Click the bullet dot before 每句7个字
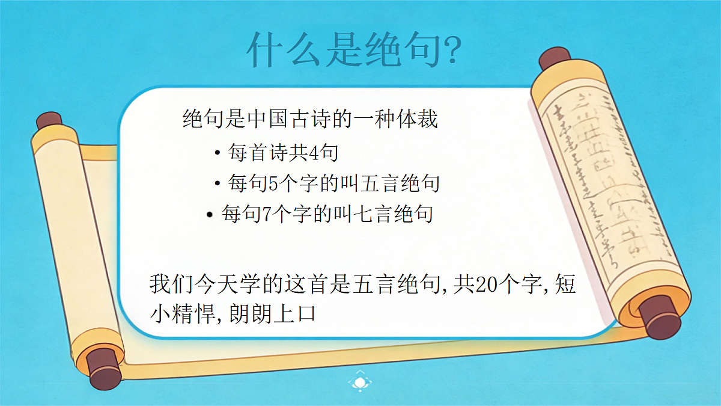pyautogui.click(x=209, y=215)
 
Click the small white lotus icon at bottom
pyautogui.click(x=359, y=381)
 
